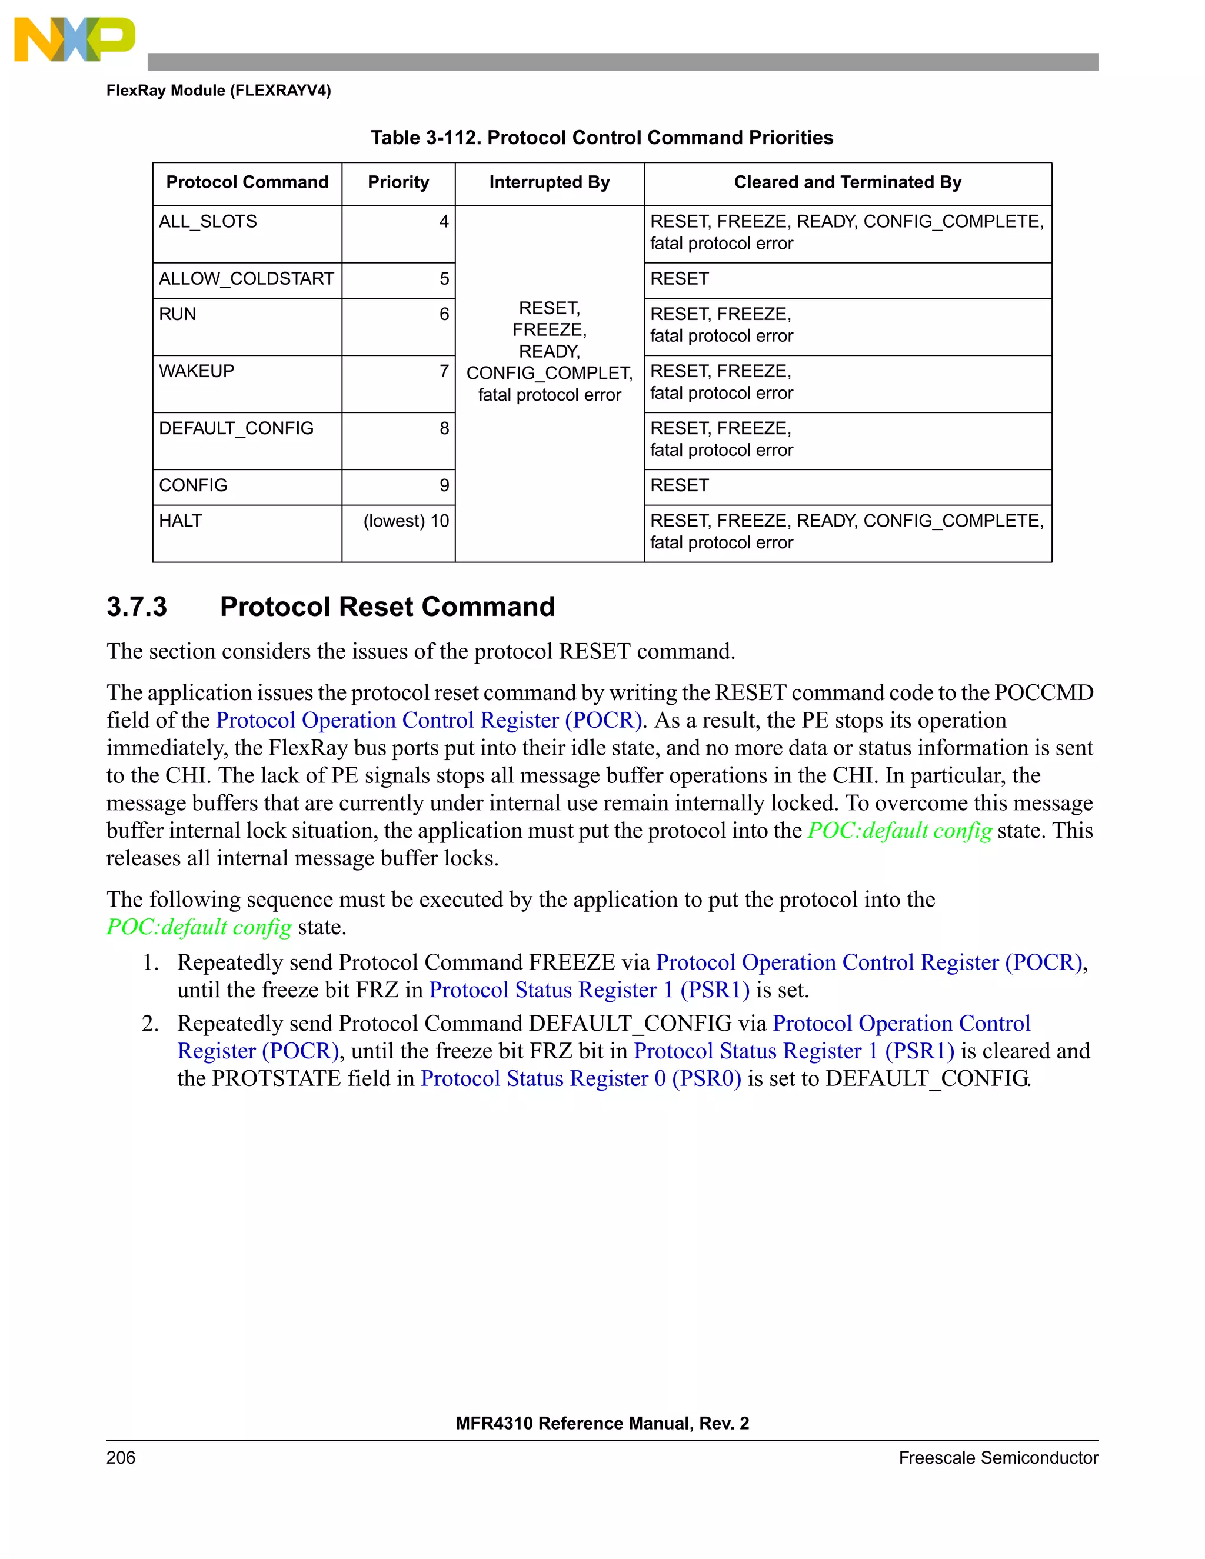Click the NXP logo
pyautogui.click(x=74, y=39)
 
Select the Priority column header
pyautogui.click(x=398, y=183)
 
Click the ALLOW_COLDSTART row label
pyautogui.click(x=247, y=279)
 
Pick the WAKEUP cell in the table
pyautogui.click(x=197, y=371)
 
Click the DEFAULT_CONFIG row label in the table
pyautogui.click(x=237, y=428)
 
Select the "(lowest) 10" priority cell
pyautogui.click(x=406, y=521)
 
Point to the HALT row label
pyautogui.click(x=181, y=521)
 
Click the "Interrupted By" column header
pyautogui.click(x=549, y=183)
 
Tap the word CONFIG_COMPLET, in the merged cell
pyautogui.click(x=549, y=374)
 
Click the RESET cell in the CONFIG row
pyautogui.click(x=680, y=485)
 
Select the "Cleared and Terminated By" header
pyautogui.click(x=847, y=183)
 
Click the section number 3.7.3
pyautogui.click(x=137, y=607)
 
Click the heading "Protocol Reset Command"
pyautogui.click(x=387, y=607)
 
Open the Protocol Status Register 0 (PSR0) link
pyautogui.click(x=580, y=1078)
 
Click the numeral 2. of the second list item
pyautogui.click(x=150, y=1024)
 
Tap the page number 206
pyautogui.click(x=121, y=1458)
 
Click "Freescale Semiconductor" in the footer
pyautogui.click(x=997, y=1458)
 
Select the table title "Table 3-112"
pyautogui.click(x=425, y=138)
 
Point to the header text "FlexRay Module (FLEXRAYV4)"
pyautogui.click(x=218, y=91)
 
